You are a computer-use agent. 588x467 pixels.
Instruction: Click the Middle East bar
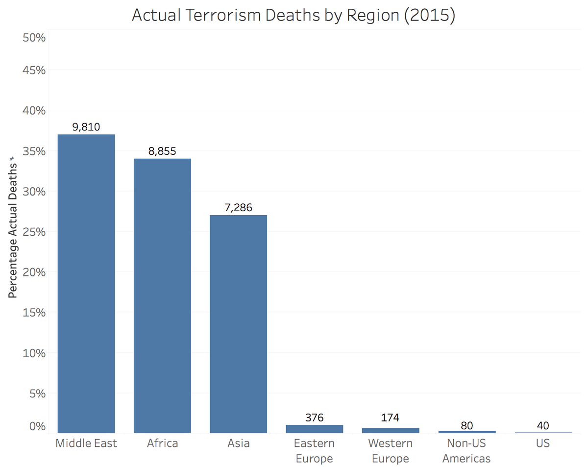pyautogui.click(x=86, y=284)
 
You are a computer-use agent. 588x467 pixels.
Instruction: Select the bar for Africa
pyautogui.click(x=162, y=296)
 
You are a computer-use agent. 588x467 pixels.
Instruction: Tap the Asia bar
pyautogui.click(x=238, y=324)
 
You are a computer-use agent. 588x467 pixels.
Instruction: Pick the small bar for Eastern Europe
pyautogui.click(x=314, y=429)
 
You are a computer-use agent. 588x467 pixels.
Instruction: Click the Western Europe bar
pyautogui.click(x=391, y=430)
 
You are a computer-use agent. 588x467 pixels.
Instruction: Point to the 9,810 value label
pyautogui.click(x=86, y=127)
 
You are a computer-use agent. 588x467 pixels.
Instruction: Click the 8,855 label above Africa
pyautogui.click(x=162, y=151)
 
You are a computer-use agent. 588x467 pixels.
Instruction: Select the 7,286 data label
pyautogui.click(x=238, y=207)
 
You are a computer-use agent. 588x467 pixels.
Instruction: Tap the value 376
pyautogui.click(x=314, y=418)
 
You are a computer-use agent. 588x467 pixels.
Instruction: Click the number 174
pyautogui.click(x=391, y=418)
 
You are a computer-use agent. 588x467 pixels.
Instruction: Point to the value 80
pyautogui.click(x=466, y=425)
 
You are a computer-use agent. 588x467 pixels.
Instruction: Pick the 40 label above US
pyautogui.click(x=542, y=425)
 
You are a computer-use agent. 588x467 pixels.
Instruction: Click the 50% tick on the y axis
pyautogui.click(x=34, y=38)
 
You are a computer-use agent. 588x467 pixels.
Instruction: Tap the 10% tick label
pyautogui.click(x=34, y=353)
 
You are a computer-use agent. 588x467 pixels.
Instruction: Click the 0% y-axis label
pyautogui.click(x=37, y=426)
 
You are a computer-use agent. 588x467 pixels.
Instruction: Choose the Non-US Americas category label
pyautogui.click(x=466, y=451)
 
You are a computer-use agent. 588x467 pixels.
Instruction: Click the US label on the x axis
pyautogui.click(x=542, y=443)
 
